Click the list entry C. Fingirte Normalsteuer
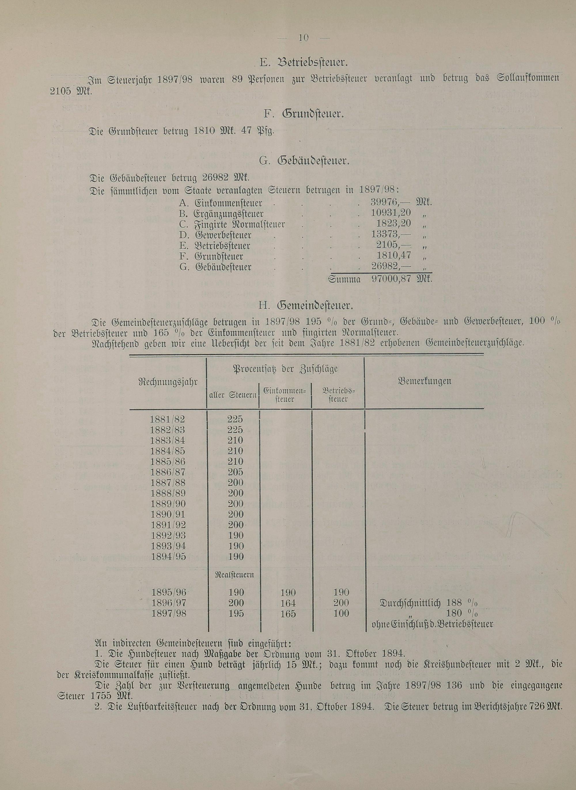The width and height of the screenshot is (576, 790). pyautogui.click(x=232, y=224)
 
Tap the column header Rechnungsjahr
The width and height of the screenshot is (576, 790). pyautogui.click(x=168, y=382)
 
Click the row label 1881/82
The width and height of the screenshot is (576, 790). pyautogui.click(x=168, y=419)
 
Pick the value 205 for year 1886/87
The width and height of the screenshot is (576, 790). pyautogui.click(x=235, y=472)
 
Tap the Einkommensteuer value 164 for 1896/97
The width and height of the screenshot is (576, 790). pyautogui.click(x=288, y=603)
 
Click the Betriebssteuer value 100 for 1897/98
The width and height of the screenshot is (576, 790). pyautogui.click(x=341, y=613)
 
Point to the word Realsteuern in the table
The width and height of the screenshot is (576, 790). pyautogui.click(x=235, y=575)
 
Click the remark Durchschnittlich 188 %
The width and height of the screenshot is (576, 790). pyautogui.click(x=429, y=603)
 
